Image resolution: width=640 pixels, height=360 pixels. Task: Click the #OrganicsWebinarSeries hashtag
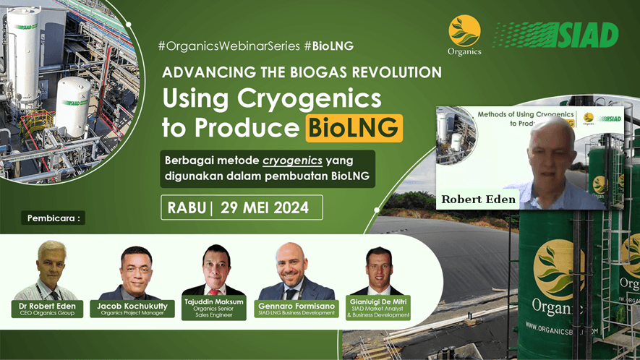[229, 46]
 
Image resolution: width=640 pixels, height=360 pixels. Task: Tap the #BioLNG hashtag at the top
[328, 46]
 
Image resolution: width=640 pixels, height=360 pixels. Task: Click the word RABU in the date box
[186, 207]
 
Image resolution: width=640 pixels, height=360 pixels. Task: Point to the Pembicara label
[56, 218]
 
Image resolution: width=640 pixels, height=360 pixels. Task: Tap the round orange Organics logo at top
[464, 32]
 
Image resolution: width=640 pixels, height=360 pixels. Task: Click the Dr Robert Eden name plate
[48, 309]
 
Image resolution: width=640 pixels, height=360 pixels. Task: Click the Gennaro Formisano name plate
[296, 309]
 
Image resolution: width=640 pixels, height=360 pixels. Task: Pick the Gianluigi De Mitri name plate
[379, 309]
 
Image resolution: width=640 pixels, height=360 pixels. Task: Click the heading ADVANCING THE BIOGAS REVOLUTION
[302, 73]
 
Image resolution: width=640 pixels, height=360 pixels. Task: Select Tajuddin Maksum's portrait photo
[213, 270]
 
